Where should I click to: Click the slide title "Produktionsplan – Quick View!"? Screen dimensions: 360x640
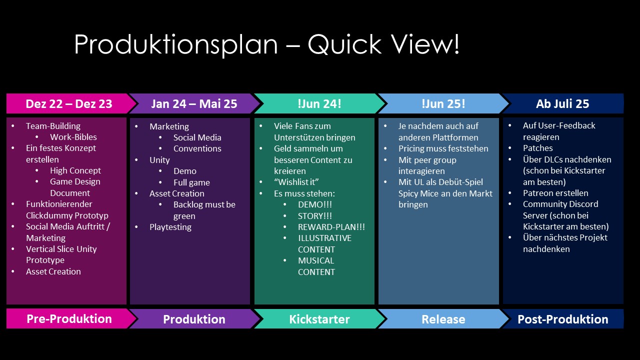[266, 45]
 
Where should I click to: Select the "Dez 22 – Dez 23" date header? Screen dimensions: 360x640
[69, 104]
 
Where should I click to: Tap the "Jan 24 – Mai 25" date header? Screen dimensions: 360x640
[194, 104]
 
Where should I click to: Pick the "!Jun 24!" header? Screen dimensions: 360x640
[319, 104]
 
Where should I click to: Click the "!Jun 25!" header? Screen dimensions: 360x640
[443, 104]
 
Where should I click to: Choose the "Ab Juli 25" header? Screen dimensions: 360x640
[562, 104]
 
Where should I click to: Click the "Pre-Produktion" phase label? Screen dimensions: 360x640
[69, 319]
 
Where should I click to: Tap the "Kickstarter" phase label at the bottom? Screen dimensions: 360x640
[319, 319]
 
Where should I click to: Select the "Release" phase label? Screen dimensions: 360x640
[443, 319]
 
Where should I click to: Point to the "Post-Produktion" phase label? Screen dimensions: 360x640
[562, 319]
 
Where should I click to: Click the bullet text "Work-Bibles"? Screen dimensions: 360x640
[73, 137]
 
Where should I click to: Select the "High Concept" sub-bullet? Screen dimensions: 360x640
[75, 170]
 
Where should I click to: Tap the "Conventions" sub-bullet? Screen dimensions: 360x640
[197, 148]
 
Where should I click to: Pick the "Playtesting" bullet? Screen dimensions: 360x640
[170, 227]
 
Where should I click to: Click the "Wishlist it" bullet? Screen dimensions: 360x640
[296, 182]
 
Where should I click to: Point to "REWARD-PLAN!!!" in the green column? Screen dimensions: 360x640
[331, 227]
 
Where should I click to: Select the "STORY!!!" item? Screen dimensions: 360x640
[315, 216]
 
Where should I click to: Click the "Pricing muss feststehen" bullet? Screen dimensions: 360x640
[443, 148]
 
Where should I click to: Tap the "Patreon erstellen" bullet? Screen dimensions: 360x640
[555, 193]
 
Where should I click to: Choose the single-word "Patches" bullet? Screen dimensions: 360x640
[538, 148]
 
